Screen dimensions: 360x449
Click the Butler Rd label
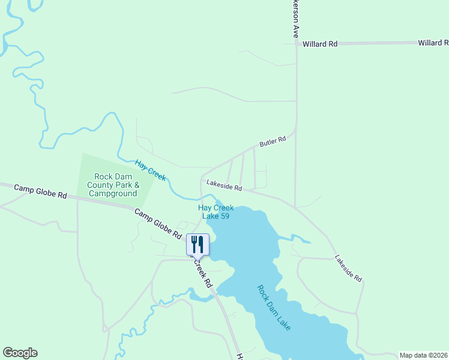(x=273, y=142)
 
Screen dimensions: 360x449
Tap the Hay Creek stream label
(x=150, y=170)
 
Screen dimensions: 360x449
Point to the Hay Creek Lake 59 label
(x=216, y=212)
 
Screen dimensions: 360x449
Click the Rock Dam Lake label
(x=274, y=307)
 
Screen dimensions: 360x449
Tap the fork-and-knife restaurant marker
(x=197, y=245)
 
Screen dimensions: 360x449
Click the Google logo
(x=20, y=353)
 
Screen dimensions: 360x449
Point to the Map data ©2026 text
(x=424, y=355)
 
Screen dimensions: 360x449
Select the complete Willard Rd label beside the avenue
(x=320, y=44)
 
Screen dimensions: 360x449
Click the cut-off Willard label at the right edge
(x=433, y=43)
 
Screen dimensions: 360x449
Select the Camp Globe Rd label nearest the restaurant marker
(x=157, y=222)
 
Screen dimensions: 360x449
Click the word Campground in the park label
(x=113, y=194)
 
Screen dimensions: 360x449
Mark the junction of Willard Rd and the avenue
(x=296, y=44)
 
